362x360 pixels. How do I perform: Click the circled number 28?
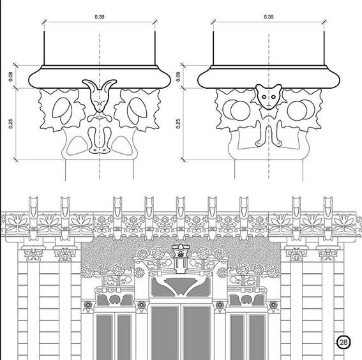pos(343,342)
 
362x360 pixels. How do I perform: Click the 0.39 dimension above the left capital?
pos(100,17)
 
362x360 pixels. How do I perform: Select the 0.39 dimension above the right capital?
pos(269,17)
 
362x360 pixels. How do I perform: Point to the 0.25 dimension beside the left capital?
pos(10,124)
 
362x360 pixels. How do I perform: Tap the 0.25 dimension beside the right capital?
pos(177,124)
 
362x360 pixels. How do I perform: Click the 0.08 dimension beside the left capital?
pos(10,77)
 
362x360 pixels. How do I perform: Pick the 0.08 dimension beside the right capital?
pos(177,77)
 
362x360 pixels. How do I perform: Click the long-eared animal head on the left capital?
pos(100,96)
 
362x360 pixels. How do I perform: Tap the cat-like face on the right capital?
pos(269,97)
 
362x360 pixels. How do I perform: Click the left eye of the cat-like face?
pos(264,97)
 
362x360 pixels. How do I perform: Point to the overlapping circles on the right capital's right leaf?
pos(301,110)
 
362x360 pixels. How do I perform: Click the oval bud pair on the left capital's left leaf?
pos(63,111)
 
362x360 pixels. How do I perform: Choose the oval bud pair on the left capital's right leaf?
pos(137,111)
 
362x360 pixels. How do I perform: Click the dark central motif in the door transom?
pos(181,285)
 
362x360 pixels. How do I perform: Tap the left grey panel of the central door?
pos(165,333)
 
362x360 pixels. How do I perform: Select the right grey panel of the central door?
pos(197,333)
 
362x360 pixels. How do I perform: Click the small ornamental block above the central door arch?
pos(181,252)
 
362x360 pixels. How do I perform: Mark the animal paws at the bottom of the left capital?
pos(100,150)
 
